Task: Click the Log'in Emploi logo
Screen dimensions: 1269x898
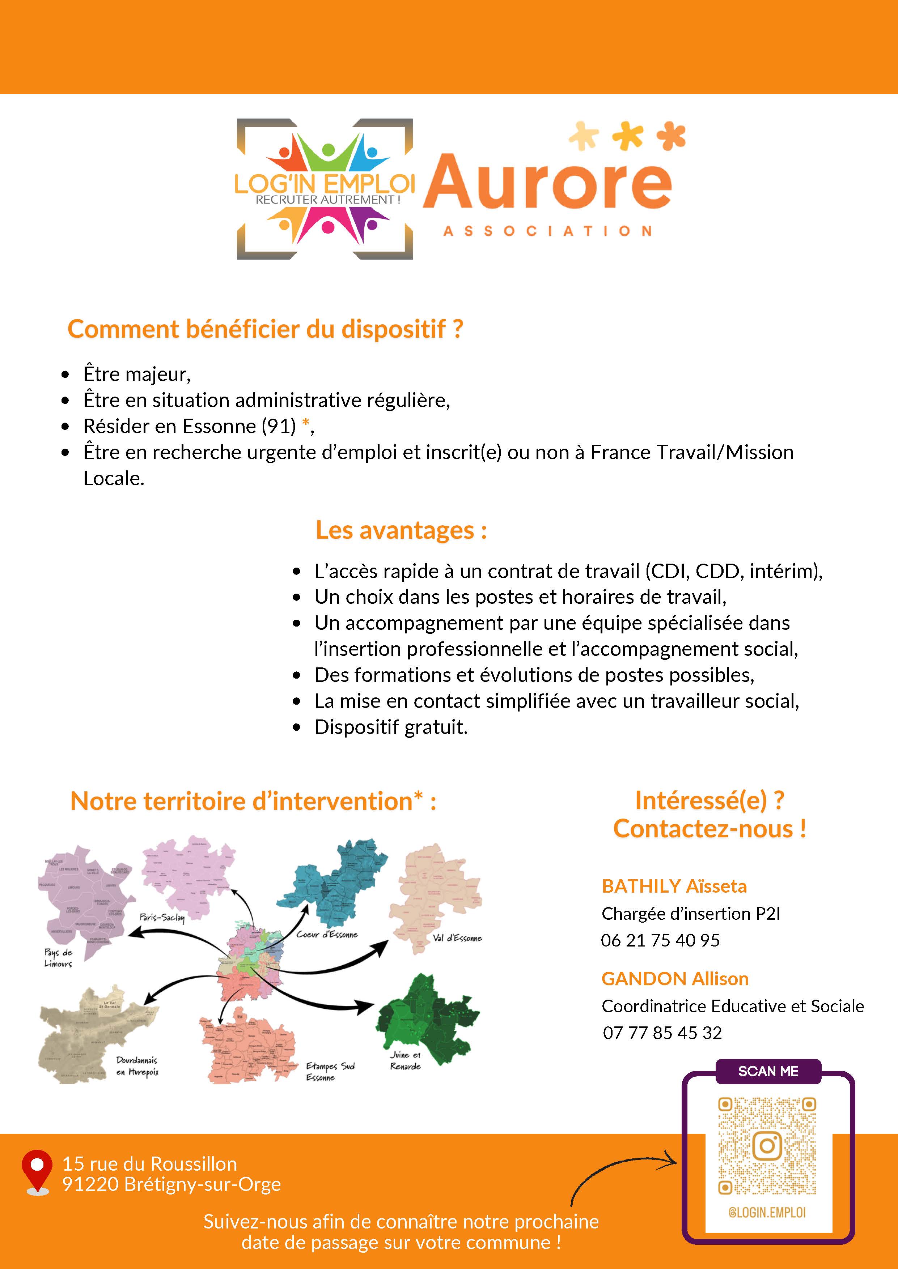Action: [325, 189]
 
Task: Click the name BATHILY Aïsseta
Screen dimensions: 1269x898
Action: [674, 886]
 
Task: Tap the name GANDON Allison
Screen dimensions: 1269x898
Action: [675, 979]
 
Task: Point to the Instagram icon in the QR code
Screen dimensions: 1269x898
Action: [767, 1145]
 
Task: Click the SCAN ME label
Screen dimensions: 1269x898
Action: [768, 1071]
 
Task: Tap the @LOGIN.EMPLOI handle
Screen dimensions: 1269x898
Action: [767, 1213]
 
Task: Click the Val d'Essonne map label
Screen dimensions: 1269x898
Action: [457, 938]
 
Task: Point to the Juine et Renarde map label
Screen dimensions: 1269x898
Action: [405, 1061]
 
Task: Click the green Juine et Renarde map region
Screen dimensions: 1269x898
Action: [428, 1017]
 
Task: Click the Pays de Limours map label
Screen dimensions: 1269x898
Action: [58, 958]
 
